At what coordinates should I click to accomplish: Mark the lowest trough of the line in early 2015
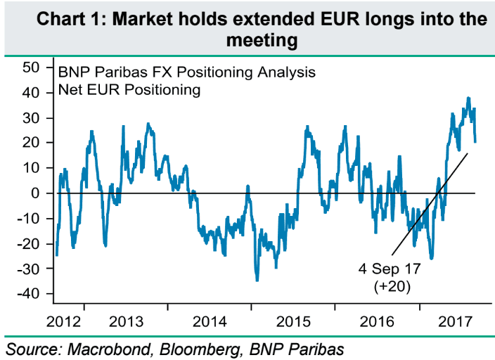(257, 281)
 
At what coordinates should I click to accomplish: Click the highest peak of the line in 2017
(468, 98)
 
